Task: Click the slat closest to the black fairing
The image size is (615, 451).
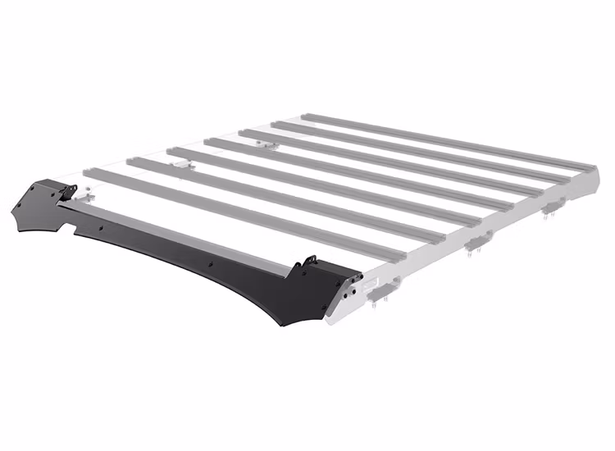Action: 246,212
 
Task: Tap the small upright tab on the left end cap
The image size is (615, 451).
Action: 70,191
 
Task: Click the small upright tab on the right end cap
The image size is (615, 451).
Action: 309,262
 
